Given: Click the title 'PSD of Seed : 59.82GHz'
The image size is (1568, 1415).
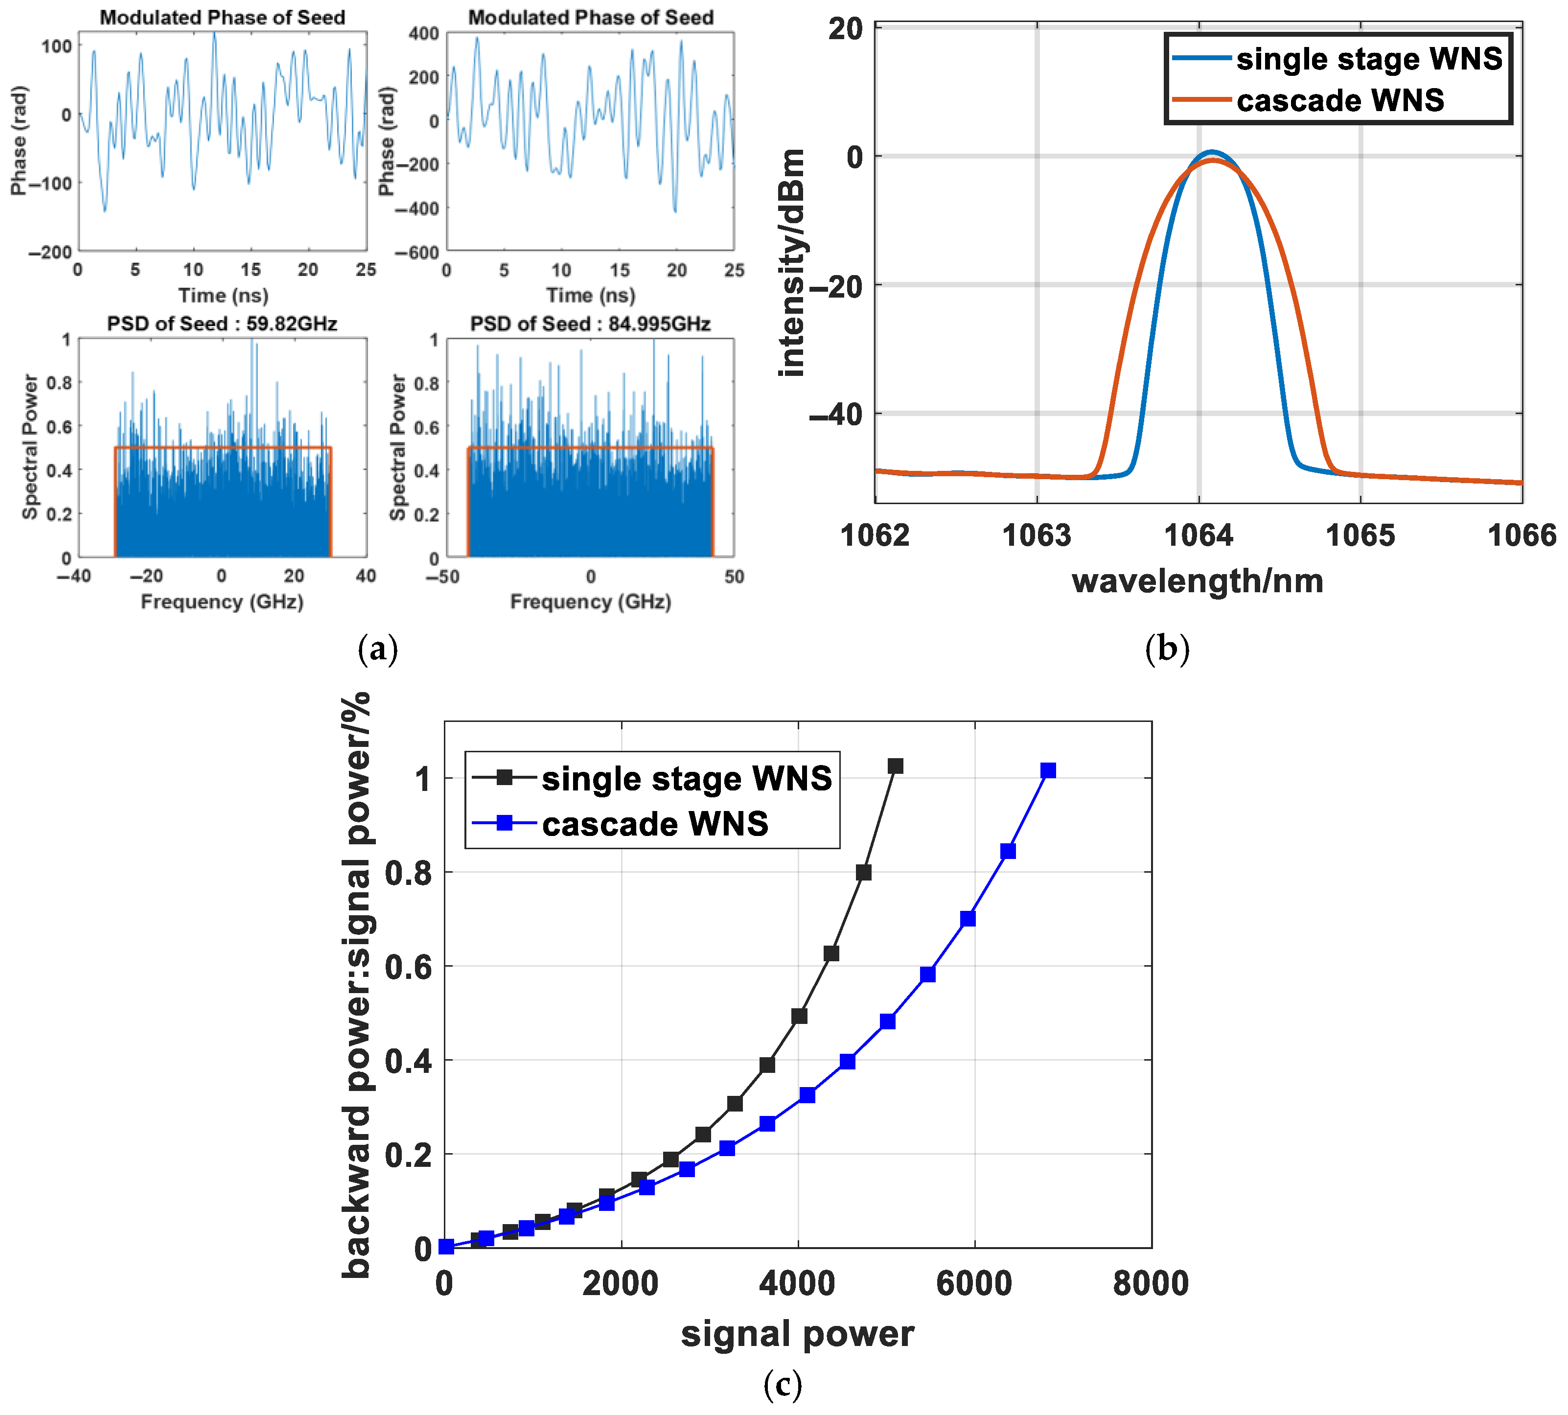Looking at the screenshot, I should [222, 324].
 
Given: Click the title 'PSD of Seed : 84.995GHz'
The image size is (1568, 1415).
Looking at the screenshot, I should [590, 324].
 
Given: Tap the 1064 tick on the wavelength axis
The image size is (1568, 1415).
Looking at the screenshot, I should [1198, 535].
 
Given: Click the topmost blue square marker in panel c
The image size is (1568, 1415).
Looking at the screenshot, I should [1048, 770].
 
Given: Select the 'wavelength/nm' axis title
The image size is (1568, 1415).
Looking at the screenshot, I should [1197, 581].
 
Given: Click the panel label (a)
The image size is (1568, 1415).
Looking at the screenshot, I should [378, 648].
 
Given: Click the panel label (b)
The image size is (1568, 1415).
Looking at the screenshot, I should [1167, 648].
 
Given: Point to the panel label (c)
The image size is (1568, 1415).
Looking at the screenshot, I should [782, 1384].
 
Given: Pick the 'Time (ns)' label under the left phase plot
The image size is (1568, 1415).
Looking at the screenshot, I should [223, 296].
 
